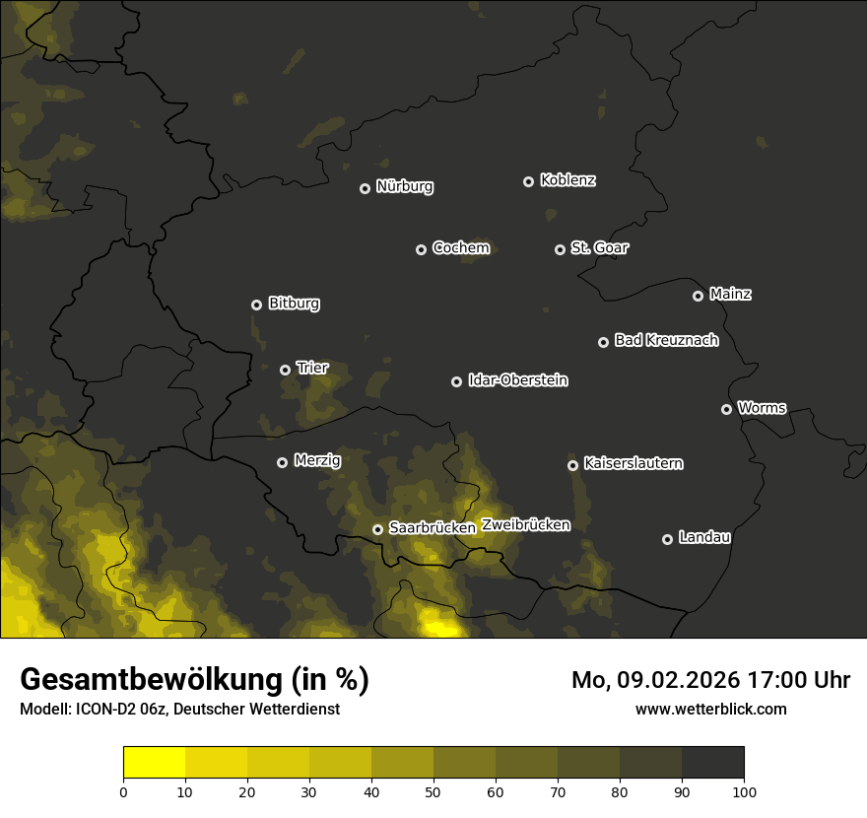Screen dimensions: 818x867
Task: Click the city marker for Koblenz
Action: pos(528,181)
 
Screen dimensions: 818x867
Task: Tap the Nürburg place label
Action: pos(404,186)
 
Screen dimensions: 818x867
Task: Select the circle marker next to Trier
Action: pos(285,370)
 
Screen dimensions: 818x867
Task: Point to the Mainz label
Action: pos(730,294)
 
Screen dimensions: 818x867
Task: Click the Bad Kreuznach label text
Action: pos(666,340)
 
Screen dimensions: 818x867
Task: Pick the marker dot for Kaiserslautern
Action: pos(572,465)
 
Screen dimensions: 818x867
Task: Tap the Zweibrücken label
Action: pos(525,525)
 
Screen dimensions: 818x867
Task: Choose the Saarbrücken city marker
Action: pos(377,529)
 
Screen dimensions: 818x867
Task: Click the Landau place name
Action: pos(704,537)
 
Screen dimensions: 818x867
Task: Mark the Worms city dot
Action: pos(726,409)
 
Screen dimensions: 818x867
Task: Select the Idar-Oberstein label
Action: pos(517,380)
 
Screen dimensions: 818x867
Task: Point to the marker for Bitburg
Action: pos(256,305)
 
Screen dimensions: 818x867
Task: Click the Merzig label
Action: pos(317,460)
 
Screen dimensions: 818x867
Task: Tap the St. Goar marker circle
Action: pos(560,249)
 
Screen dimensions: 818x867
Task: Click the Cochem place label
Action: pos(460,247)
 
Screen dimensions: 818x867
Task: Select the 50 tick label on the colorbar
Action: pos(433,791)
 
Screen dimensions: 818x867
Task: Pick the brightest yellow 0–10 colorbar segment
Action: pos(155,762)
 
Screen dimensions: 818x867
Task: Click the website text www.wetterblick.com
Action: pos(710,709)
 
